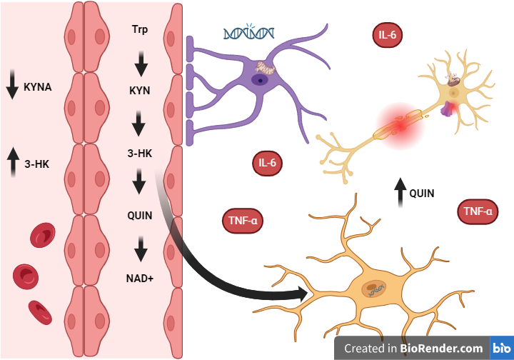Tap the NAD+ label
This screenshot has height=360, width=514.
140,276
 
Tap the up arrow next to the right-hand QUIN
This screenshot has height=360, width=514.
400,193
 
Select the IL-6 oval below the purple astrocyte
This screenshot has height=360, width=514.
268,164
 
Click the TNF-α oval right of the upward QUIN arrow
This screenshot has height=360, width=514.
477,211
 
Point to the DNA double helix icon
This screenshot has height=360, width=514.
249,33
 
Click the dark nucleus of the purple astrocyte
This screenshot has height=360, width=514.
263,80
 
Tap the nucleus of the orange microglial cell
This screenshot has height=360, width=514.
376,290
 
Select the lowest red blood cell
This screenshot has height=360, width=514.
40,312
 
